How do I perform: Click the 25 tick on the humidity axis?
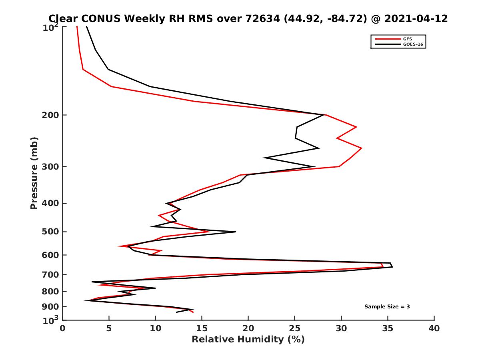(295, 328)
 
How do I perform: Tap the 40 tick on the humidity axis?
(434, 328)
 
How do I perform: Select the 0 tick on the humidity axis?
(63, 328)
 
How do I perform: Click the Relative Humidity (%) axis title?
(248, 340)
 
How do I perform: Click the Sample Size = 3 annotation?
(387, 307)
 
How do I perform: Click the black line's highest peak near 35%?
(392, 267)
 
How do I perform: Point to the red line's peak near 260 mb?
(362, 148)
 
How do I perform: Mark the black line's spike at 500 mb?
(235, 232)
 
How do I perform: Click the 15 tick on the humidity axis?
(202, 328)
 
